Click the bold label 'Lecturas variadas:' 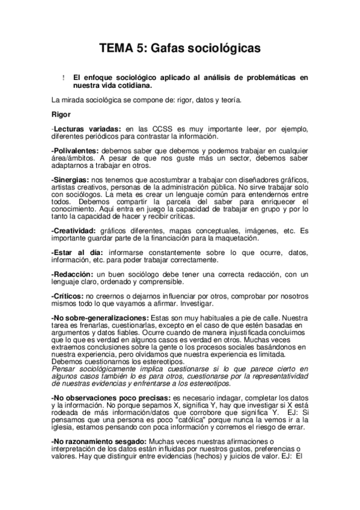87,129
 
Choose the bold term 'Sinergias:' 71,181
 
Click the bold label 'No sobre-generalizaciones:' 100,317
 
